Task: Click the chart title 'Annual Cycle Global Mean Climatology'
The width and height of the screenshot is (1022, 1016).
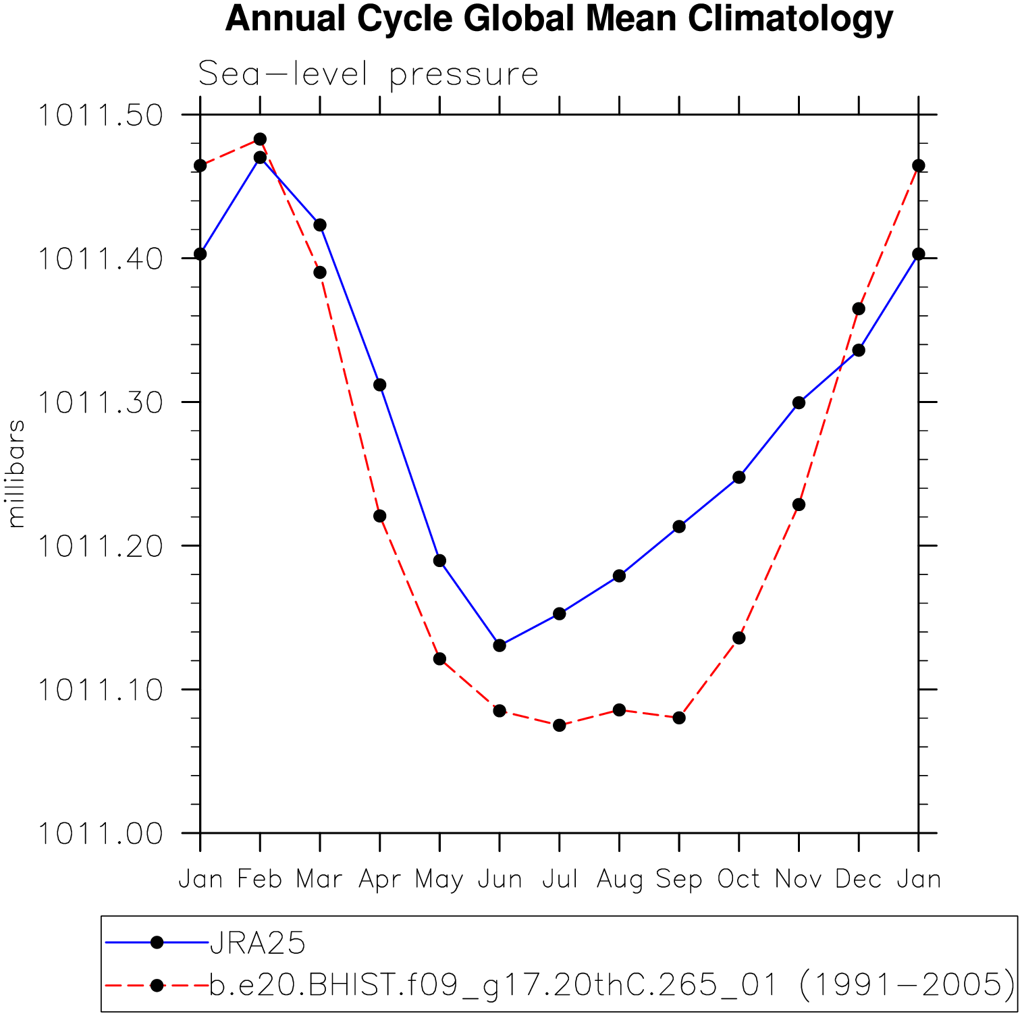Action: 558,19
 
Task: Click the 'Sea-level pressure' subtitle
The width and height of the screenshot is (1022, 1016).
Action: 368,74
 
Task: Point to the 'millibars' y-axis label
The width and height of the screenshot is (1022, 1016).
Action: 16,473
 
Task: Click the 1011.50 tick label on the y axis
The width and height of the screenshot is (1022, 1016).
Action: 100,115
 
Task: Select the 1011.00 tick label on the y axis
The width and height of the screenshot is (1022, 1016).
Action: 100,834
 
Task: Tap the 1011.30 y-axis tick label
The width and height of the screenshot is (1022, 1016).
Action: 100,403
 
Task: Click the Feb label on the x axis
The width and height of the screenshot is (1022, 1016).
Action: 260,879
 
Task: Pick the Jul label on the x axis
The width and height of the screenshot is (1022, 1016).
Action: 560,879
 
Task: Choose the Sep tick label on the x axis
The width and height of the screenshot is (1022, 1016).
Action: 679,879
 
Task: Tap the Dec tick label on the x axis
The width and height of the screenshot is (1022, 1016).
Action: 859,879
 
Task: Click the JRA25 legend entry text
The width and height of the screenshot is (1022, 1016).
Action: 258,943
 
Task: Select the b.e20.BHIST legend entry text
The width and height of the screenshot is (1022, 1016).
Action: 612,985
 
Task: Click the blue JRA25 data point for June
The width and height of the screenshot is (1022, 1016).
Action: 500,645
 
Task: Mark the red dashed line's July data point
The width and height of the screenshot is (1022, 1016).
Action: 559,725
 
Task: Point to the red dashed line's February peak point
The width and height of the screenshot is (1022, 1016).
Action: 260,140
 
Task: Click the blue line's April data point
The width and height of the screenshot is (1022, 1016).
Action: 380,385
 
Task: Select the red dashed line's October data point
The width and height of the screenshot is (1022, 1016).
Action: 739,638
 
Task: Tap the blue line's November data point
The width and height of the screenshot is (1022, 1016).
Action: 799,403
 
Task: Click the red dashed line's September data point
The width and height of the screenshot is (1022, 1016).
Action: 679,718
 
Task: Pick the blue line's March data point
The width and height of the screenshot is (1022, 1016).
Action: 320,225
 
